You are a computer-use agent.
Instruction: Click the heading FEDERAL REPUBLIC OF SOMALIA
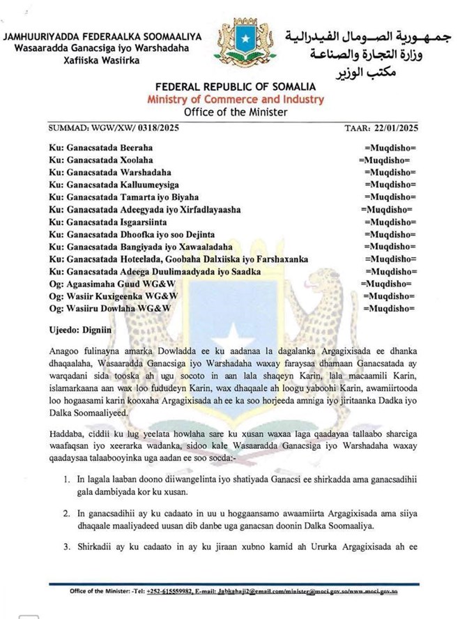click(x=236, y=87)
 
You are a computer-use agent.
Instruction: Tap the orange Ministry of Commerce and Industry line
click(x=236, y=100)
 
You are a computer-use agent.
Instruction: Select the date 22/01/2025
click(x=394, y=129)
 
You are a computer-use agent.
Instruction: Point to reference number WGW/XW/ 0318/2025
click(x=137, y=129)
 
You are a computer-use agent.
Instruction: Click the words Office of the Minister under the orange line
click(x=236, y=112)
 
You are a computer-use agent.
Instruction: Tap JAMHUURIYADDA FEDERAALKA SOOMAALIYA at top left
click(x=102, y=37)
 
